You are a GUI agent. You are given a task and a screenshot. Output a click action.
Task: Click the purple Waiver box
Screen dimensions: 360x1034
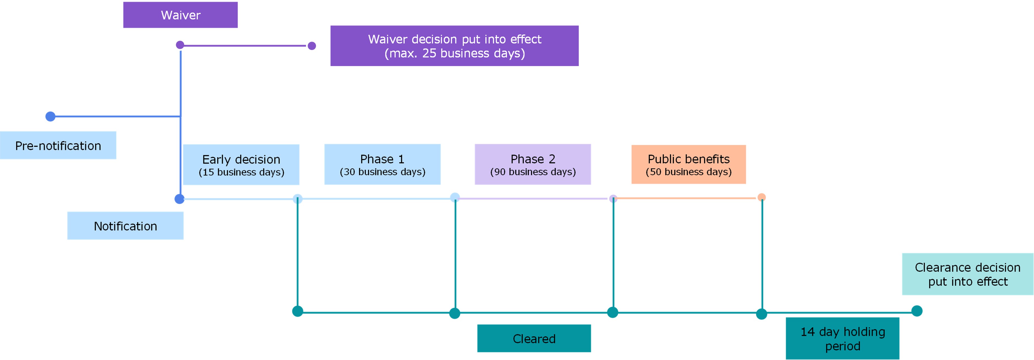point(180,15)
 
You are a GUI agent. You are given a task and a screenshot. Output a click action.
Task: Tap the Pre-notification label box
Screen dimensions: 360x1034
point(58,145)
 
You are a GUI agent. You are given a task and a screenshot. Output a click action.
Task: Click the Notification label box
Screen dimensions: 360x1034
point(125,226)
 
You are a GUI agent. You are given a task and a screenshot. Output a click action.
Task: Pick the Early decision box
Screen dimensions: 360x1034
point(241,165)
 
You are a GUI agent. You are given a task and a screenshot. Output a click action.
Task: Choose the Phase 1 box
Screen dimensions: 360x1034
point(382,164)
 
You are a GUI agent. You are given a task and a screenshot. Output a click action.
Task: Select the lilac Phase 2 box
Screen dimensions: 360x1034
point(533,164)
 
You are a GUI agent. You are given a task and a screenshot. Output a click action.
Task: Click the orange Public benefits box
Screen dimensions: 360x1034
point(689,164)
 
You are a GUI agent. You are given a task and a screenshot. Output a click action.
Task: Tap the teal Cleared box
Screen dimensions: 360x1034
point(534,338)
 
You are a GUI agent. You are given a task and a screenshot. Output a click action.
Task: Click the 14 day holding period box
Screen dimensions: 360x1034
point(842,338)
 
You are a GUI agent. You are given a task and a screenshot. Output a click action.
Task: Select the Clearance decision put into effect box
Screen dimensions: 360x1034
point(967,274)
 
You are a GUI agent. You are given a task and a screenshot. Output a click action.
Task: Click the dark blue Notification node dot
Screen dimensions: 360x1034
point(179,199)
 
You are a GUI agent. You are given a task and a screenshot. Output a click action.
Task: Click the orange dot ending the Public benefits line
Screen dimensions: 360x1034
point(761,197)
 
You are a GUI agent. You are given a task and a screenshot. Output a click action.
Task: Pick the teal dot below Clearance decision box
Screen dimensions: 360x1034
point(917,311)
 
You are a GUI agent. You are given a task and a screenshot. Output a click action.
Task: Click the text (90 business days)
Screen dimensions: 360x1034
point(533,172)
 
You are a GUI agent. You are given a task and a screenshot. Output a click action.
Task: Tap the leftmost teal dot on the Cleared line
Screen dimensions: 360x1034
point(297,311)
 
